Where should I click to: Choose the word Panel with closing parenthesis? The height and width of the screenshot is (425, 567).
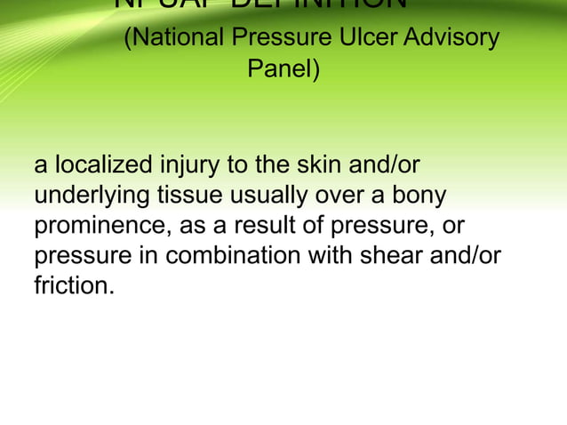pyautogui.click(x=283, y=68)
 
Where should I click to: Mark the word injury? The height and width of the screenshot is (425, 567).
pyautogui.click(x=189, y=165)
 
